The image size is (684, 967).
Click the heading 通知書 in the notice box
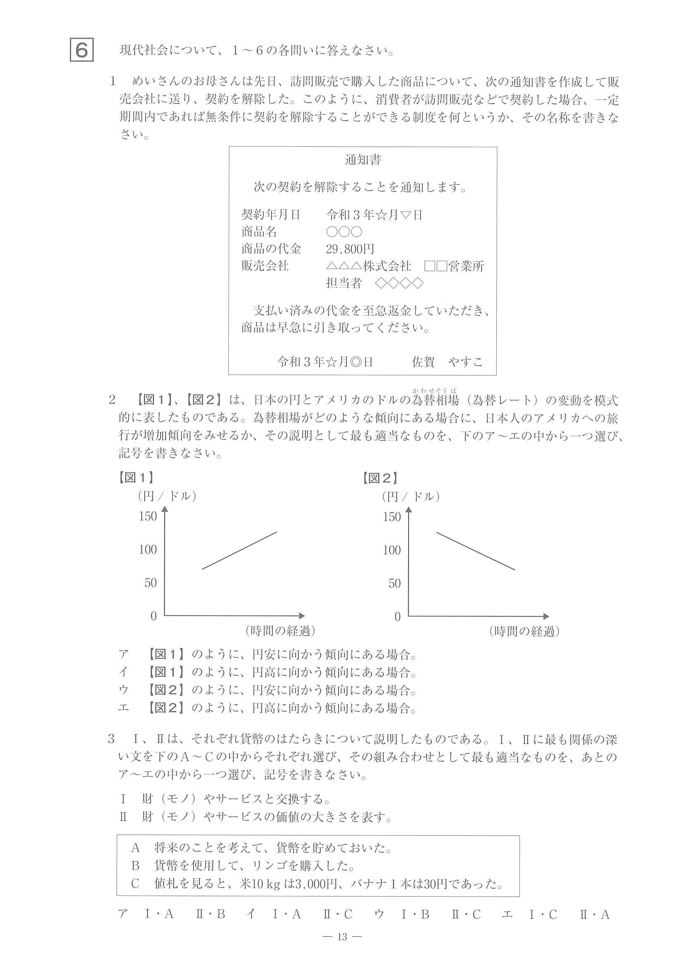(363, 160)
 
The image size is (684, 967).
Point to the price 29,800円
(350, 249)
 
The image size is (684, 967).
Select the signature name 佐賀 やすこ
(447, 362)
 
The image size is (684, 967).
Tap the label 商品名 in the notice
(259, 232)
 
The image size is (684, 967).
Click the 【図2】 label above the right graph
(380, 478)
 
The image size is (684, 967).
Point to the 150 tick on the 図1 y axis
(148, 516)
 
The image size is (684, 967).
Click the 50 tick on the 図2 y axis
(394, 584)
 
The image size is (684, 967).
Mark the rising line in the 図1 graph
(239, 551)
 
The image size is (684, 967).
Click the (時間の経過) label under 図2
(524, 631)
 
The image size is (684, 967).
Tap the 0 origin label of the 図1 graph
(153, 616)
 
